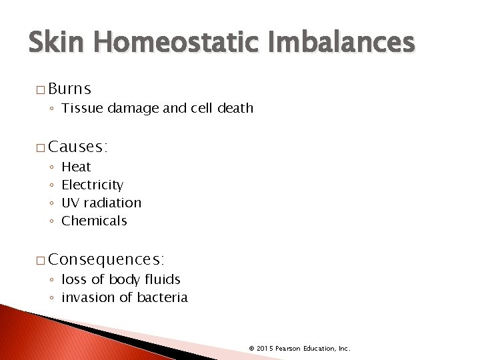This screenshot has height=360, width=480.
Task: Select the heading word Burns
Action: click(x=70, y=89)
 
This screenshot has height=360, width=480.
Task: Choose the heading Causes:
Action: click(x=79, y=146)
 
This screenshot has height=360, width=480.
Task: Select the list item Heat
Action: click(x=76, y=167)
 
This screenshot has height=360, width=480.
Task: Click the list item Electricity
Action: click(x=92, y=185)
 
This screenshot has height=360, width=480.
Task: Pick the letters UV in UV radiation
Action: click(x=70, y=203)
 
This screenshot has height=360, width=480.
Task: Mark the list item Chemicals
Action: click(x=94, y=221)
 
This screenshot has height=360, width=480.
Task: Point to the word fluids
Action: click(x=163, y=279)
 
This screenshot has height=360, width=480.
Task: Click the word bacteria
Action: click(x=163, y=297)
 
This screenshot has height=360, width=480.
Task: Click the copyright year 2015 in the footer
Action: click(x=264, y=348)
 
